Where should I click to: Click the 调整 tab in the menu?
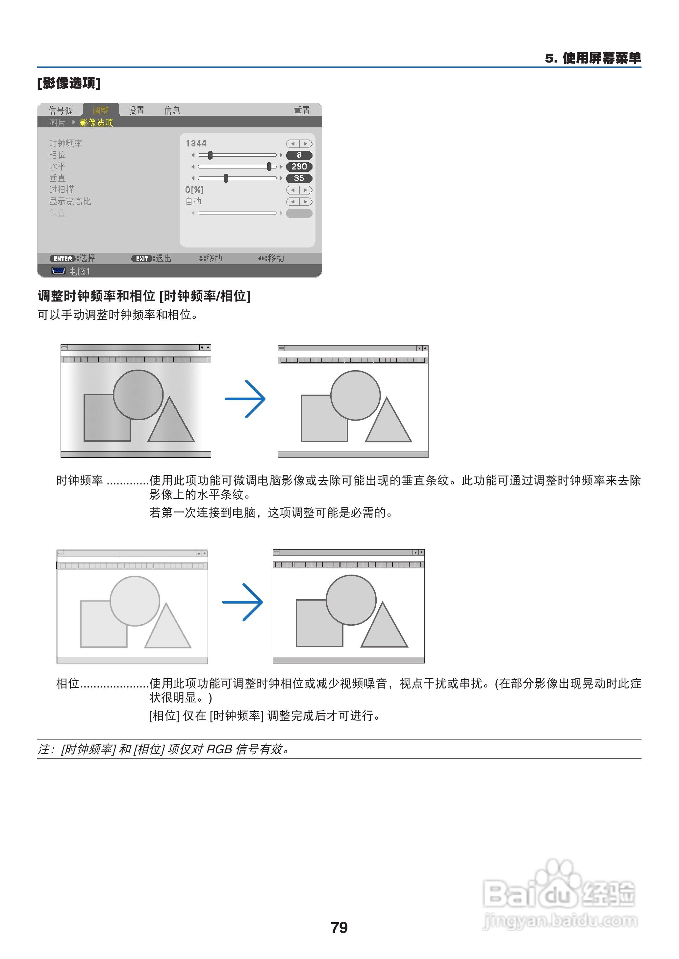coord(100,110)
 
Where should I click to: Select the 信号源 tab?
coord(61,110)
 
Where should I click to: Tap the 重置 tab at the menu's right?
coord(302,110)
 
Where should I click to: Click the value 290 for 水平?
coord(299,167)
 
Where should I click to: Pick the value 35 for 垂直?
coord(299,178)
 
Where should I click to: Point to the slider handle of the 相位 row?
coord(210,155)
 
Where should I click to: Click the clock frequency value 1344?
coord(196,143)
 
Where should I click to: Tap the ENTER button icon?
coord(63,258)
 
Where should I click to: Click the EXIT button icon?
coord(142,258)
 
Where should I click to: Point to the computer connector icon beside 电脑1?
coord(59,271)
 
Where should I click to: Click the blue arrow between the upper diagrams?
coord(245,399)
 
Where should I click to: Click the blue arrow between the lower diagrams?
coord(242,602)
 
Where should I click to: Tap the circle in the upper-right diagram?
coord(355,395)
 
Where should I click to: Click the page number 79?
coord(339,928)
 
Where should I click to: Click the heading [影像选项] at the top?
coord(69,83)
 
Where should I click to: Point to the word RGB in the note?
coord(219,749)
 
